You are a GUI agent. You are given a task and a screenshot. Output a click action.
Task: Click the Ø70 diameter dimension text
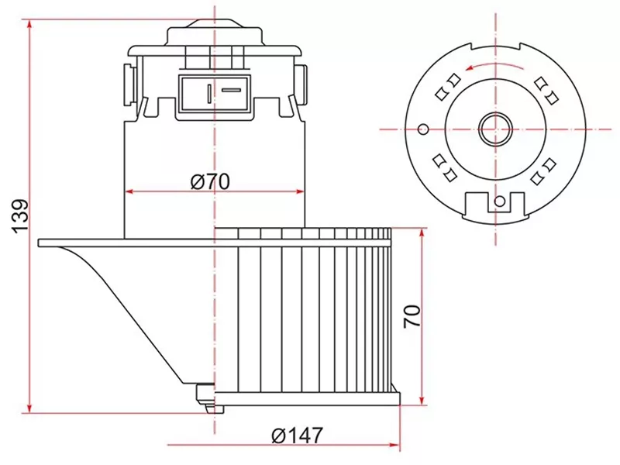pos(211,181)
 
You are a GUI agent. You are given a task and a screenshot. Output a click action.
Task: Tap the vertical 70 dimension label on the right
pos(412,315)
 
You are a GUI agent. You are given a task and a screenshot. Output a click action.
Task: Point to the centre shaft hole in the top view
pos(494,129)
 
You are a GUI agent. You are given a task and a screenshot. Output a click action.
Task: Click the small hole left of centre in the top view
pos(423,128)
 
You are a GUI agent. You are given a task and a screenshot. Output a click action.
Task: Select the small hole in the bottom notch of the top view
pos(500,203)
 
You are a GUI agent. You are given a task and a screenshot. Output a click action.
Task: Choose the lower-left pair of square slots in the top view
pos(443,167)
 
